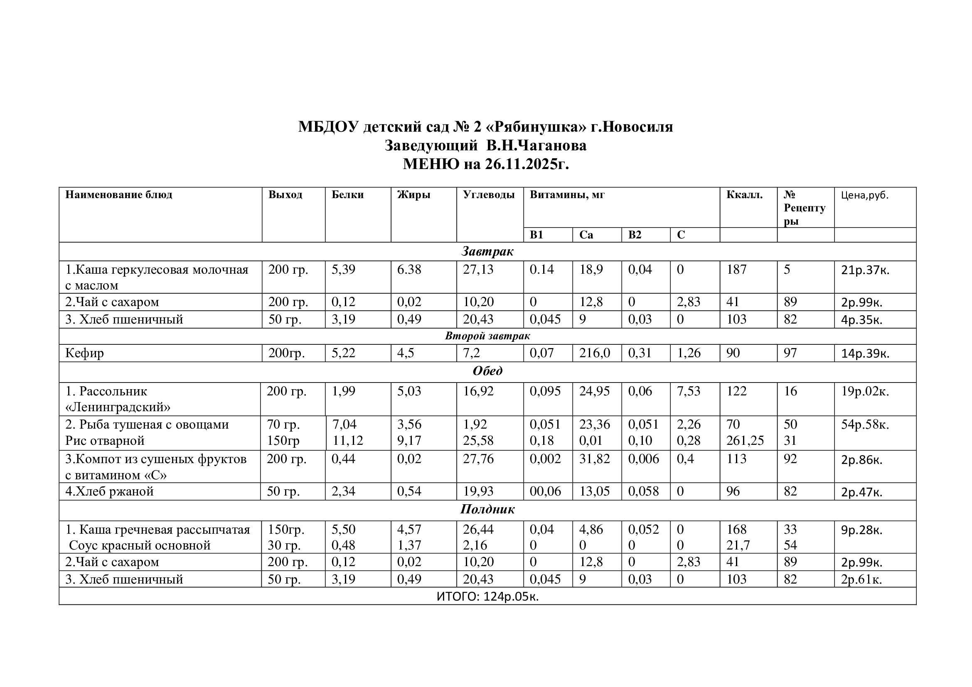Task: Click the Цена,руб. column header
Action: pyautogui.click(x=864, y=195)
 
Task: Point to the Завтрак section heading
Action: pyautogui.click(x=487, y=252)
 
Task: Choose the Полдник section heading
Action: pyautogui.click(x=487, y=509)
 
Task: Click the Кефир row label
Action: pyautogui.click(x=84, y=353)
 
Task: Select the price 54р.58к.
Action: pyautogui.click(x=865, y=424)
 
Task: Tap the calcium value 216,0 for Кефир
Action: pyautogui.click(x=594, y=353)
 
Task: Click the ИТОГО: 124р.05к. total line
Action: pyautogui.click(x=487, y=596)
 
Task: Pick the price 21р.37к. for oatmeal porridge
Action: pyautogui.click(x=865, y=270)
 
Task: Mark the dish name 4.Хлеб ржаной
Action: pyautogui.click(x=109, y=491)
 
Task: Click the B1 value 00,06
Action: pyautogui.click(x=545, y=491)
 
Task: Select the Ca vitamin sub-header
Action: pyautogui.click(x=586, y=235)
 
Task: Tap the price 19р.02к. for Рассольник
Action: pyautogui.click(x=865, y=391)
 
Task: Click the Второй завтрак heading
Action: pyautogui.click(x=487, y=336)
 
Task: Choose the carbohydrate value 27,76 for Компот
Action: pyautogui.click(x=478, y=459)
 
